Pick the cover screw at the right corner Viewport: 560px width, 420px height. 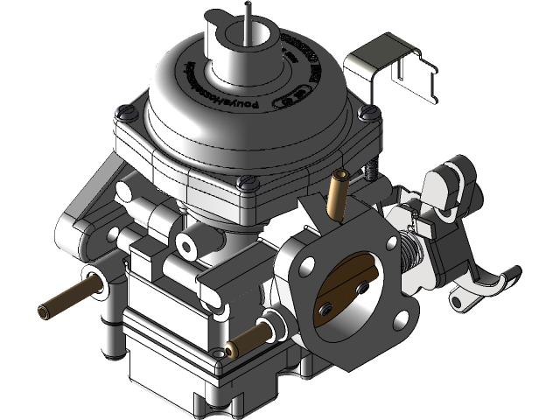pos(369,113)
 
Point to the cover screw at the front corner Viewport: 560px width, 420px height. pos(247,182)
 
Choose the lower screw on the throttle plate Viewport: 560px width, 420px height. pos(325,308)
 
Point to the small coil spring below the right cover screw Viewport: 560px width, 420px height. pos(371,171)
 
